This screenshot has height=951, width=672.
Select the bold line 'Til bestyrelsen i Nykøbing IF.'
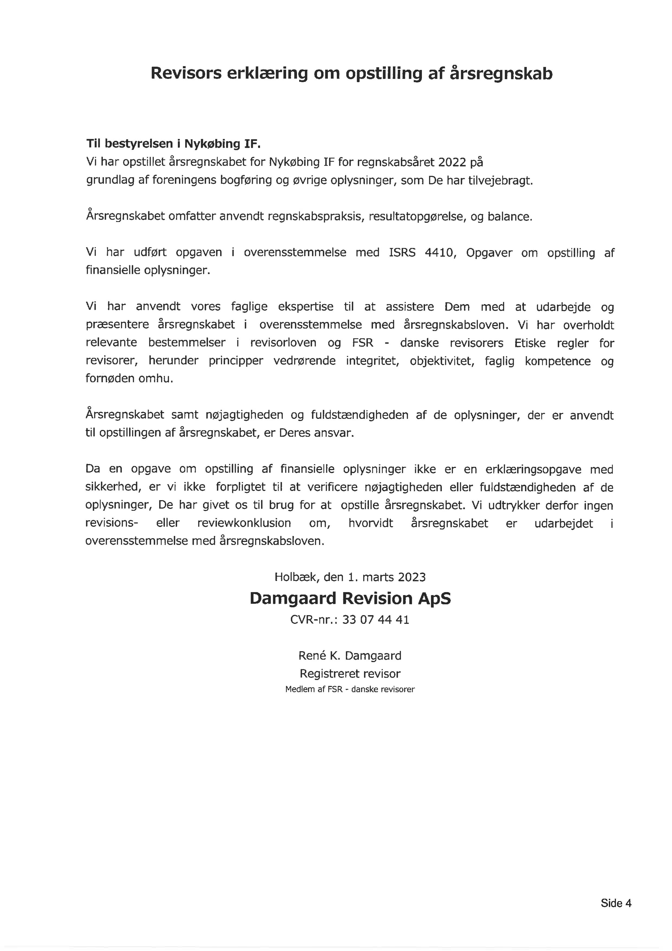[x=173, y=144]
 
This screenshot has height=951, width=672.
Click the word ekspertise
[x=306, y=307]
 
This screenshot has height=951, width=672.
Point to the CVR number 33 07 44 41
[x=376, y=620]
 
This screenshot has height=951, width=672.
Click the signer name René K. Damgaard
[x=350, y=656]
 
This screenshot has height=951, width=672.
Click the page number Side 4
[x=616, y=903]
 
